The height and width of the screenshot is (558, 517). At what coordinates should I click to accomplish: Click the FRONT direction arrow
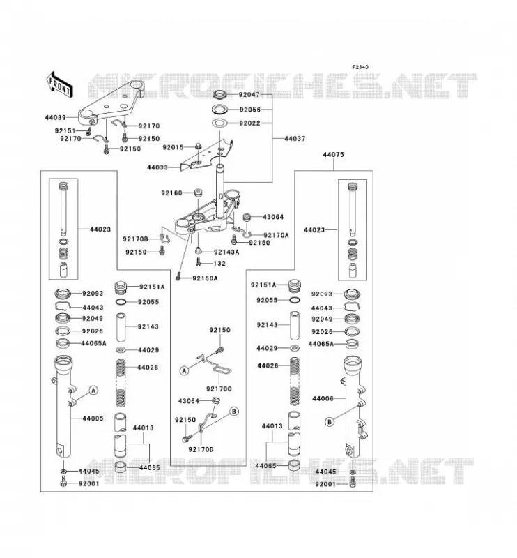[x=60, y=84]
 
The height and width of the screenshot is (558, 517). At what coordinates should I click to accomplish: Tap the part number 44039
[x=56, y=117]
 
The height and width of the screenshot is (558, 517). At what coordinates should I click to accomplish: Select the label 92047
[x=249, y=95]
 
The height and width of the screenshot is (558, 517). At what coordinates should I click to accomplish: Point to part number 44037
[x=295, y=138]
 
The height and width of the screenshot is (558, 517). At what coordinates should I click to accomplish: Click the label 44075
[x=334, y=155]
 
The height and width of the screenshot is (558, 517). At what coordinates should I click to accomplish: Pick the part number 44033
[x=157, y=167]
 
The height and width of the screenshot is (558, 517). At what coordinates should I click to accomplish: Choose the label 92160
[x=171, y=193]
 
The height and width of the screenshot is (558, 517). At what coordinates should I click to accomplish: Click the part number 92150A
[x=205, y=278]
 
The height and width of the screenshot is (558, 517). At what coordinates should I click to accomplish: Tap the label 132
[x=219, y=264]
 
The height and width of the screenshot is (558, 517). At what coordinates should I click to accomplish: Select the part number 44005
[x=93, y=418]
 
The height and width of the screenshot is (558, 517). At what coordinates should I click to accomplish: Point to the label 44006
[x=323, y=398]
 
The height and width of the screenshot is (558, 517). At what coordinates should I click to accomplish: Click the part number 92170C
[x=219, y=389]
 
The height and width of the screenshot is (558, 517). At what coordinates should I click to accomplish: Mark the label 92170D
[x=201, y=449]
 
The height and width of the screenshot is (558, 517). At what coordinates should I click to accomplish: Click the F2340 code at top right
[x=360, y=67]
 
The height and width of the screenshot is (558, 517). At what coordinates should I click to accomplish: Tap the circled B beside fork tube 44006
[x=330, y=422]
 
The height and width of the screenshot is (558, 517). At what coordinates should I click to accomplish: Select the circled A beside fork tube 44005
[x=93, y=391]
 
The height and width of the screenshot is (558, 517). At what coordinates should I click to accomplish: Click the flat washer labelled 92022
[x=220, y=123]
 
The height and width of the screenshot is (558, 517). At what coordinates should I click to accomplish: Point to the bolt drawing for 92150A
[x=178, y=276]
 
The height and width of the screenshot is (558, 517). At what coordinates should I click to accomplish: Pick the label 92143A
[x=227, y=252]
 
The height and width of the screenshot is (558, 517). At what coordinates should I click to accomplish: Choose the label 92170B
[x=135, y=239]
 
